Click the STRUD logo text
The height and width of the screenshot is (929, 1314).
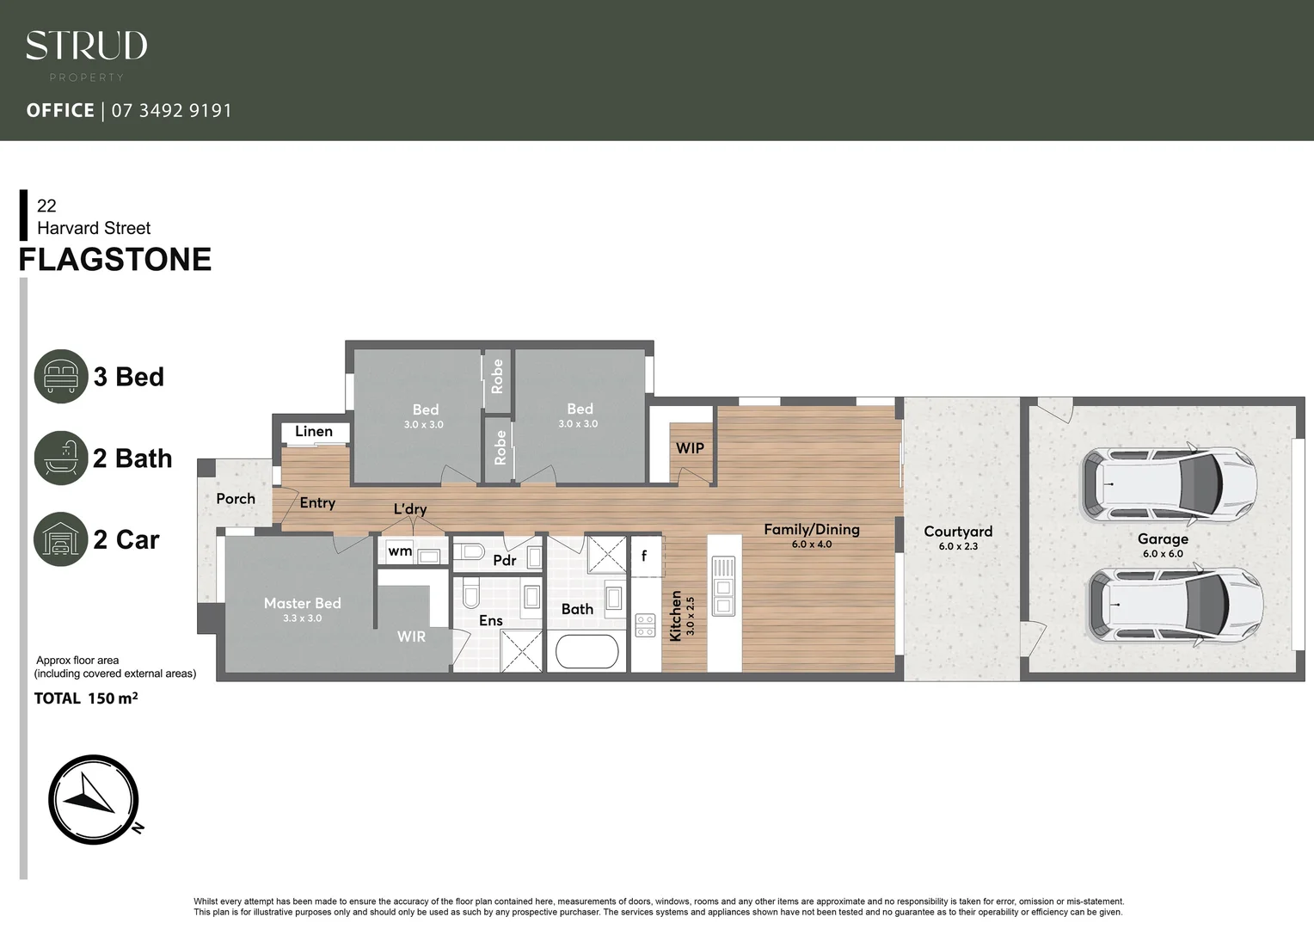(x=86, y=46)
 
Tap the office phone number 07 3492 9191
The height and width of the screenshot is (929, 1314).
(x=171, y=111)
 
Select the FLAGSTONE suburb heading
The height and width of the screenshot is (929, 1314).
(x=115, y=260)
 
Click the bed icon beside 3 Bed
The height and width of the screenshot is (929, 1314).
(x=61, y=377)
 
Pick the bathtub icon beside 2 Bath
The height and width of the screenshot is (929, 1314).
(x=61, y=458)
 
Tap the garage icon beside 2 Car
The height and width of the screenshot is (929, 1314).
(x=61, y=539)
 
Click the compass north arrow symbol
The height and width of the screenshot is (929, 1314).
(x=93, y=799)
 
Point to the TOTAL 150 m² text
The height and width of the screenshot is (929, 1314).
(x=86, y=698)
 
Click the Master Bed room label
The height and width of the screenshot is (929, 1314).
(x=302, y=604)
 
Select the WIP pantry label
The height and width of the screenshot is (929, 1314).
(x=690, y=448)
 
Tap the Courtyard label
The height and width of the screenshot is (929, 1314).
(x=958, y=532)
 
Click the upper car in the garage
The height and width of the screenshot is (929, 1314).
(x=1169, y=484)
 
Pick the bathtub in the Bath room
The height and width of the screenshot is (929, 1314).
(x=586, y=652)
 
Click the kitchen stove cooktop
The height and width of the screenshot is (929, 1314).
(x=645, y=625)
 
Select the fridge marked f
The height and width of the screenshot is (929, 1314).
(x=645, y=557)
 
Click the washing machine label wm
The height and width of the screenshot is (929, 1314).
(x=400, y=551)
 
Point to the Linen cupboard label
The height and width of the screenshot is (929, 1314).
(x=314, y=432)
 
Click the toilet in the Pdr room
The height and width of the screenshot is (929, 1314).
(x=470, y=552)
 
